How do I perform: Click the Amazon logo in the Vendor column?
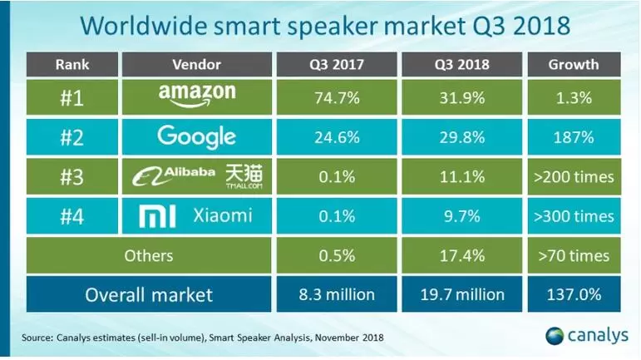tap(198, 97)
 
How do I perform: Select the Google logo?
tap(198, 136)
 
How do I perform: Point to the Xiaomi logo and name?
tap(198, 216)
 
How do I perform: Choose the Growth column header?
tap(581, 63)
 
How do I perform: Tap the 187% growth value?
tap(581, 137)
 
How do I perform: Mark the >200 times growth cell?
tap(581, 176)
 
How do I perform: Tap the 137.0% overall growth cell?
tap(581, 294)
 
